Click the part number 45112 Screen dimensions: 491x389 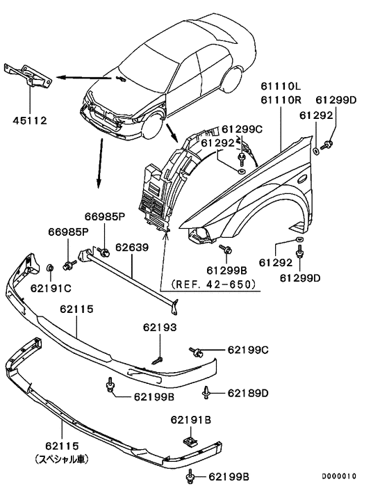29,120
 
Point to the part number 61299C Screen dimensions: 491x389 243,129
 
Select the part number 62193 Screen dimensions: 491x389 160,326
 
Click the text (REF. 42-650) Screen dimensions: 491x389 208,284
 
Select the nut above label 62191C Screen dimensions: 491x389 50,268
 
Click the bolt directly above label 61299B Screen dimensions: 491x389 226,248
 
